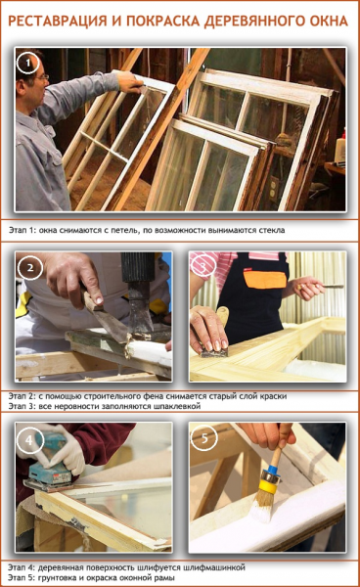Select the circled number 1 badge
[27, 63]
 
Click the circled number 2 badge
[30, 267]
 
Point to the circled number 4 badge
[29, 440]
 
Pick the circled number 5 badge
[204, 437]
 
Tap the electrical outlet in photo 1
[274, 187]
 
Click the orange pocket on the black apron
[264, 280]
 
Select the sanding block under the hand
[214, 352]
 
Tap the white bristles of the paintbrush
[262, 506]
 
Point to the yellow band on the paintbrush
[270, 486]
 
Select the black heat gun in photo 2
[138, 293]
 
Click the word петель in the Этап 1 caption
[126, 230]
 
